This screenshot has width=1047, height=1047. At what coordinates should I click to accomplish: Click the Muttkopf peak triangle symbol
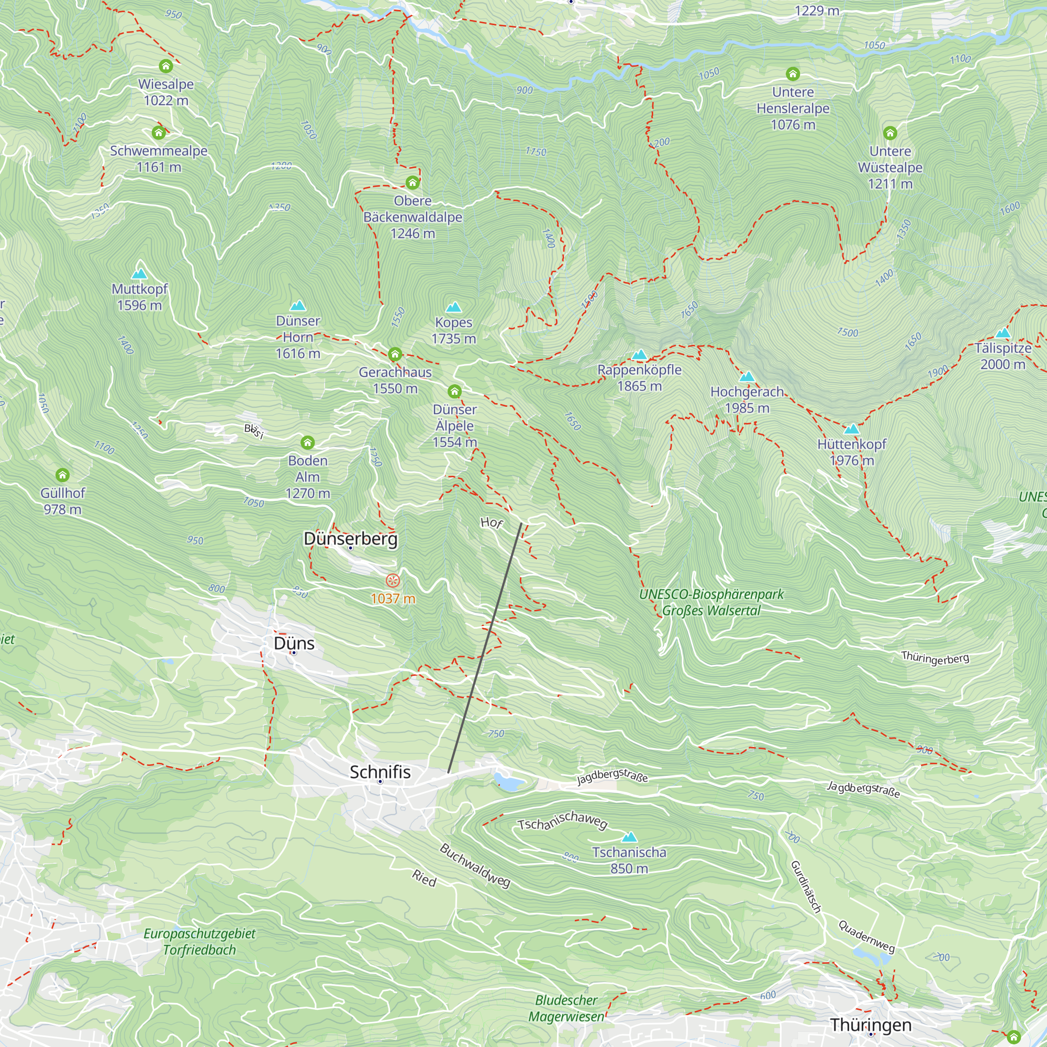[x=139, y=274]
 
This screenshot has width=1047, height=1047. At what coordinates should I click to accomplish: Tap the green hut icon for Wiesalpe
[x=166, y=66]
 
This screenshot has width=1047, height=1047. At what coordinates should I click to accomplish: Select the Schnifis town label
[x=380, y=772]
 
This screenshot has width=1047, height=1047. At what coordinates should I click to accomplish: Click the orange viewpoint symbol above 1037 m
[x=393, y=581]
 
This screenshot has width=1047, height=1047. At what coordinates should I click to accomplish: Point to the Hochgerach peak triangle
[x=747, y=376]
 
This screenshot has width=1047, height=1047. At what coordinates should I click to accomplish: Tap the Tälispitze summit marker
[x=1003, y=333]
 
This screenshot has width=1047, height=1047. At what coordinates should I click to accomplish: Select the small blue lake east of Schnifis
[x=508, y=782]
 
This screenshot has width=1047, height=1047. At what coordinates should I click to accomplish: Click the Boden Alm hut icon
[x=308, y=443]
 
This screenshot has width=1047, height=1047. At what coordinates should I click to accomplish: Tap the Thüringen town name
[x=871, y=1025]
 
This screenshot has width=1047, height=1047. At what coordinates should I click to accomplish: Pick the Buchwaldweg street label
[x=475, y=866]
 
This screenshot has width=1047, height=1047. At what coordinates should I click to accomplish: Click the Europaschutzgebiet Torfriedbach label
[x=199, y=941]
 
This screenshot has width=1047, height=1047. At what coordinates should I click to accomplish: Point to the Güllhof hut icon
[x=62, y=475]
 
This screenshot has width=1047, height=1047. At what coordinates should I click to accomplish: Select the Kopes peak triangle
[x=453, y=308]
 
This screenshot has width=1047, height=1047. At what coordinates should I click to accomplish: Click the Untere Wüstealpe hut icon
[x=890, y=133]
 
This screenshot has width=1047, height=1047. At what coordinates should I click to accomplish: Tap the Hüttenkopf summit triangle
[x=851, y=429]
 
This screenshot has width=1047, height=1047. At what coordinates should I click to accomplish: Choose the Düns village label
[x=294, y=643]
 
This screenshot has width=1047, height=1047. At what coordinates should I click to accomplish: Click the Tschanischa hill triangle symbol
[x=629, y=838]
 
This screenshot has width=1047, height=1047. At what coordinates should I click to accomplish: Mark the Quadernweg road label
[x=866, y=936]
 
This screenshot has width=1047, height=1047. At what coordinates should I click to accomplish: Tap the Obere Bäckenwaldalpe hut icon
[x=413, y=183]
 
